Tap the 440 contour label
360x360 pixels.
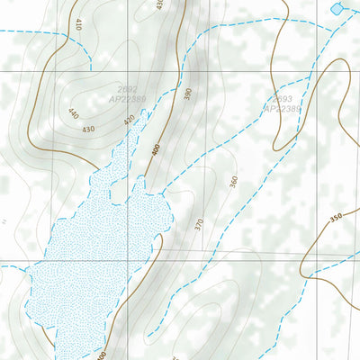73,114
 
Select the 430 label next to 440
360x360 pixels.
87,130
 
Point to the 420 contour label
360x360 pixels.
129,120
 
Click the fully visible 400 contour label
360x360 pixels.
155,150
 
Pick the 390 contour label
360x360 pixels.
188,94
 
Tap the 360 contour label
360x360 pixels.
233,182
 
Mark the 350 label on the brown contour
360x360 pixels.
336,217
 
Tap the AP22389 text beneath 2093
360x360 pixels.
282,109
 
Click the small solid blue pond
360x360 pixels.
337,8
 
